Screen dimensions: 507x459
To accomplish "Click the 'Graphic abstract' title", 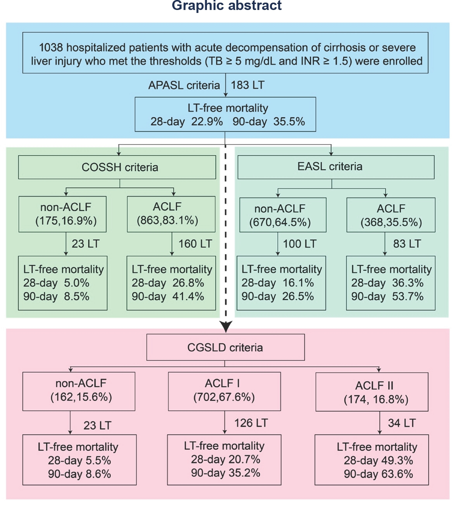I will coord(227,6).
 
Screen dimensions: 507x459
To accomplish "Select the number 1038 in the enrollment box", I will coord(51,48).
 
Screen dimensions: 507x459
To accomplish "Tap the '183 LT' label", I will coord(247,85).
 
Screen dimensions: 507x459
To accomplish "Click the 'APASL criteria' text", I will coord(184,85).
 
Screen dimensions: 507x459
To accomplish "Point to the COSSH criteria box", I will coord(117,167).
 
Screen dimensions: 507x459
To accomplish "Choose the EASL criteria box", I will coord(335,167).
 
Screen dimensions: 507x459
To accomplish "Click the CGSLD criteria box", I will coord(225,347).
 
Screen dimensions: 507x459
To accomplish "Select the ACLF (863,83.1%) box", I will coord(171,214).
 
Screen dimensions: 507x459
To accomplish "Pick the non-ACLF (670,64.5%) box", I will coord(283,215).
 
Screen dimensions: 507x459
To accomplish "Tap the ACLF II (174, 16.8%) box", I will coord(372,392).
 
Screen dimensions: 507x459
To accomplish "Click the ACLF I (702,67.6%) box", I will coord(224,391).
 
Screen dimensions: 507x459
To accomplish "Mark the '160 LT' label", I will coord(195,244).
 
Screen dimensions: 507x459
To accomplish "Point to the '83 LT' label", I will coord(407,244).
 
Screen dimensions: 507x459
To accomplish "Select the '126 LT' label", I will coord(251,423).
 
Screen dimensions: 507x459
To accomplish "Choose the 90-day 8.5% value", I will coord(76,296).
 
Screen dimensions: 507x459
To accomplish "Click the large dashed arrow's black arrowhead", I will coord(225,327).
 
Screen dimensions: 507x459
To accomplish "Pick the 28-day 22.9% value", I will coord(207,122).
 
